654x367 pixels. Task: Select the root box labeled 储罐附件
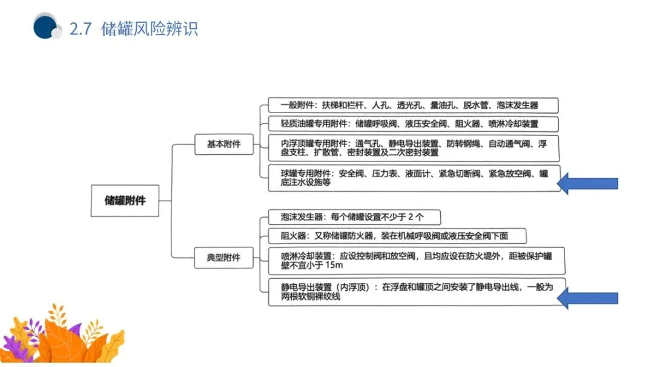point(125,201)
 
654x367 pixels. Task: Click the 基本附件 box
point(223,145)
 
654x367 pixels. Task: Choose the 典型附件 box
point(223,258)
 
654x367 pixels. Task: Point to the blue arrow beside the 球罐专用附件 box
point(587,183)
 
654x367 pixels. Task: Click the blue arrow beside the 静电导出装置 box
point(587,297)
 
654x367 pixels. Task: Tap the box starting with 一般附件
point(414,105)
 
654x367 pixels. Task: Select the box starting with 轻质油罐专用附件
point(414,125)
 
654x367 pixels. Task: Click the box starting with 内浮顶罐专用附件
point(414,148)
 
